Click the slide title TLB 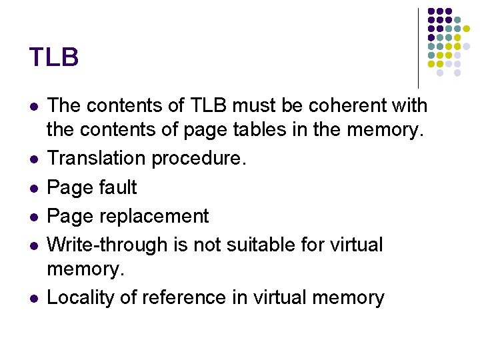[54, 57]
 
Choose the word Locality [81, 298]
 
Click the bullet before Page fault [34, 188]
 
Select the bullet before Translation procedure [34, 159]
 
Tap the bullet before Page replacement [34, 217]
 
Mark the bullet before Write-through [34, 246]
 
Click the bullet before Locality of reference [34, 298]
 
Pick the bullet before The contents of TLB [34, 107]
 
